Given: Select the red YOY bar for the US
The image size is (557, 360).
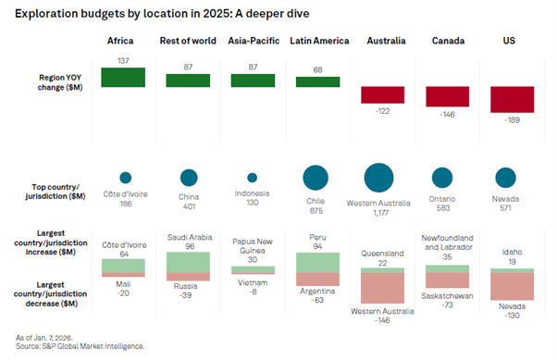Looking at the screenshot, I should click(514, 99).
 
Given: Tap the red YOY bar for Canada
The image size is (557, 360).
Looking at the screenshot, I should click(449, 96).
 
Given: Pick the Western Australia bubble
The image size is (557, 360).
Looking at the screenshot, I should click(379, 177).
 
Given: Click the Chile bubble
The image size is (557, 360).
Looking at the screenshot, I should click(316, 178).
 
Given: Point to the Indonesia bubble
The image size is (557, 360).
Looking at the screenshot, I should click(253, 178).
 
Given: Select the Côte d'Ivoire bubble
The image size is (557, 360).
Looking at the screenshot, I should click(125, 178).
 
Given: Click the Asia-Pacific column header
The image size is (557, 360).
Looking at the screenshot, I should click(253, 42).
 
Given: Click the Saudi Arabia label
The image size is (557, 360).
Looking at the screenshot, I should click(189, 237).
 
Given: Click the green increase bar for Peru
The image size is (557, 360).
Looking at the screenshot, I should click(317, 261).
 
